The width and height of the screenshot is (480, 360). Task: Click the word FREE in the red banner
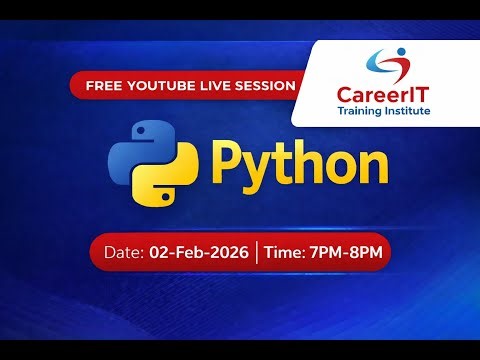(x=103, y=86)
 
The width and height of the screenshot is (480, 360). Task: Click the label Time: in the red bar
(x=284, y=252)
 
